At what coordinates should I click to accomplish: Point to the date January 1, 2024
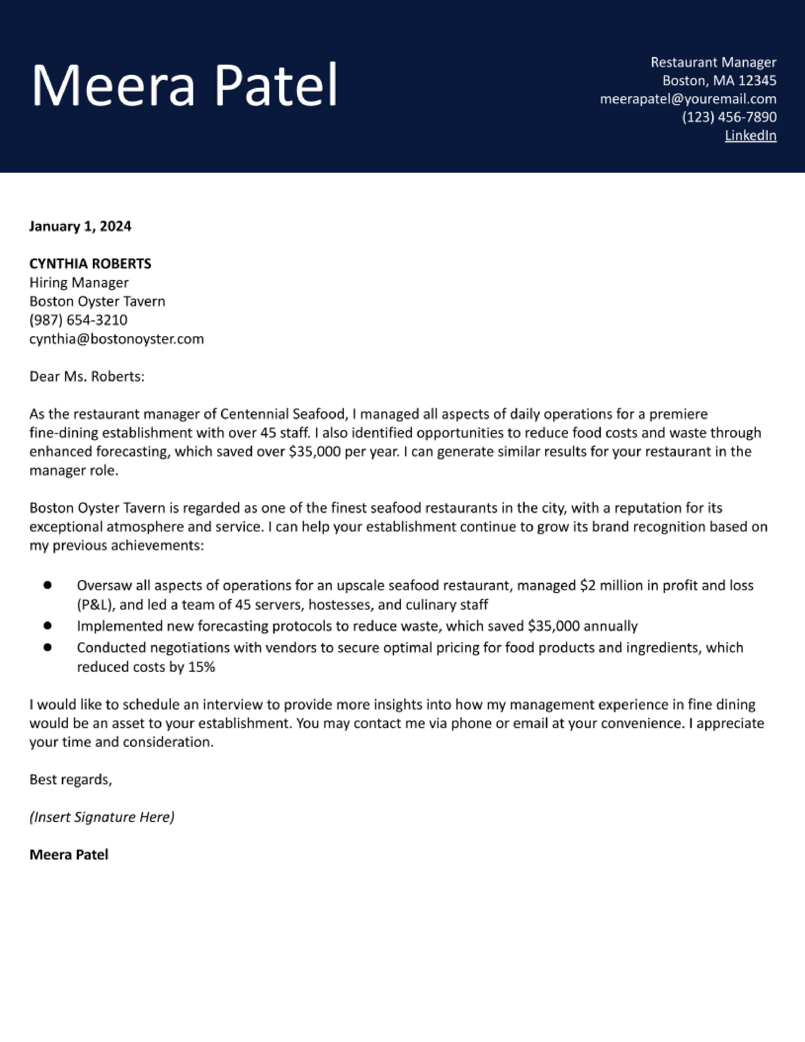[80, 226]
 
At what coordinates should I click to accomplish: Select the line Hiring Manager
[79, 283]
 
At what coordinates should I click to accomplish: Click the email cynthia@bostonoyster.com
[116, 339]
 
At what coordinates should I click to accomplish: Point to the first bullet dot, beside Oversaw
[48, 585]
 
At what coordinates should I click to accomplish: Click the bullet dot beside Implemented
[48, 625]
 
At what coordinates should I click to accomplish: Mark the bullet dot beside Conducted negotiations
[48, 647]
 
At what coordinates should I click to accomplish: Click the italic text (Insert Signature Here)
[102, 817]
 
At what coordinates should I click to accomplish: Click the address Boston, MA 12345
[719, 81]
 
